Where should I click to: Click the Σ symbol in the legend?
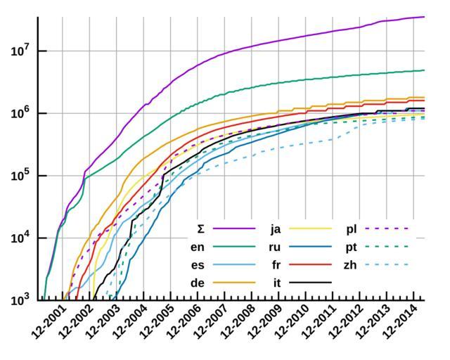[200, 229]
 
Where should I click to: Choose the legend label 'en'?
[198, 247]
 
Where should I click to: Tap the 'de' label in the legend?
[198, 283]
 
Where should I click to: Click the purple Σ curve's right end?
[423, 17]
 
